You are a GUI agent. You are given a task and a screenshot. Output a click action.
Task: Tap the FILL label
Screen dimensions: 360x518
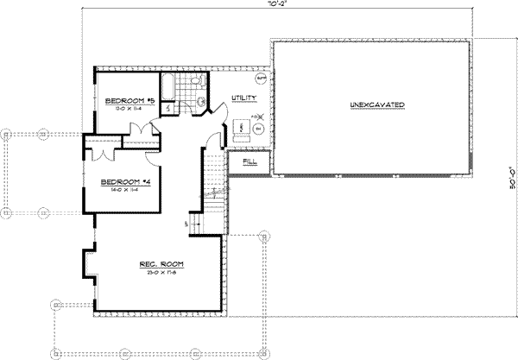coord(250,161)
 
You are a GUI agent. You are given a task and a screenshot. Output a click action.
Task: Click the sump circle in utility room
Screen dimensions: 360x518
coord(260,79)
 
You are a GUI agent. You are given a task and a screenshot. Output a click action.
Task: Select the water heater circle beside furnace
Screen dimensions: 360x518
coord(258,129)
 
